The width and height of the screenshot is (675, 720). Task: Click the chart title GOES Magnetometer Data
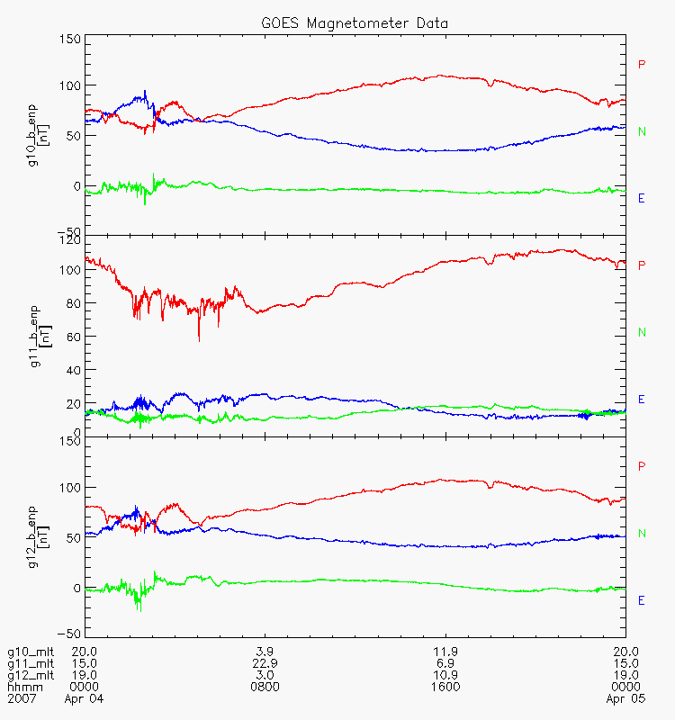355,23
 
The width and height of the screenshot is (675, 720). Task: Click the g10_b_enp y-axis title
38,136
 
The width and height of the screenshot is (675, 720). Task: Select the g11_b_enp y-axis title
40,337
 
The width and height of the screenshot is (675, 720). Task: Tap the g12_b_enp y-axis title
38,537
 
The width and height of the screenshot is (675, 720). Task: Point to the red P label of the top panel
642,64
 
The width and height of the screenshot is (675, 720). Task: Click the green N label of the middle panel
642,332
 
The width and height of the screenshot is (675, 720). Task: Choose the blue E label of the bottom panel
642,600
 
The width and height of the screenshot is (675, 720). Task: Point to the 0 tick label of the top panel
76,186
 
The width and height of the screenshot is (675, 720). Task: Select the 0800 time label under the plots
265,687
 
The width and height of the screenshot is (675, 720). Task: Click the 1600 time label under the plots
445,687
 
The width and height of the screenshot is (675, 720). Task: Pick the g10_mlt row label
31,652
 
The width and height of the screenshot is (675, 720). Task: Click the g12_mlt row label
31,676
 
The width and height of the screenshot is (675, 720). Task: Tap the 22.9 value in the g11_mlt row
265,663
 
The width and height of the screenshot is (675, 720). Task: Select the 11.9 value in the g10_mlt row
445,652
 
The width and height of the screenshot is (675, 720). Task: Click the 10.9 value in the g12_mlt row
445,676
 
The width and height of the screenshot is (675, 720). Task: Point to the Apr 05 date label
625,699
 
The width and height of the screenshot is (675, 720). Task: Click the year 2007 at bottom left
22,698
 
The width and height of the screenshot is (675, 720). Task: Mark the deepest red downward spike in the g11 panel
199,341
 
